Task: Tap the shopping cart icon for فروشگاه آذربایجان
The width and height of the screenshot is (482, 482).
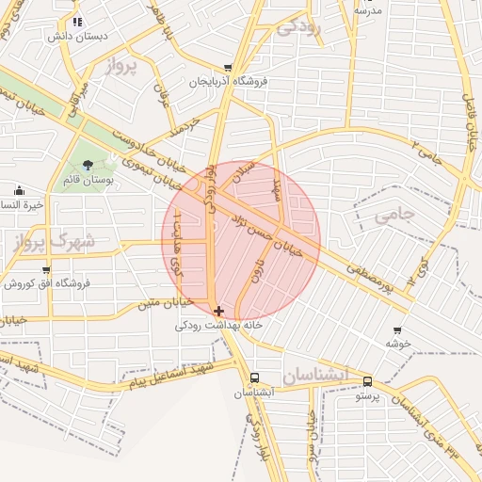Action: click(229, 68)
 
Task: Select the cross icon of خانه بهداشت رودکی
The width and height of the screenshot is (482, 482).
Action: click(219, 311)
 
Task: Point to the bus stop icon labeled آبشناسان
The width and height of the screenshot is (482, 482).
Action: click(254, 379)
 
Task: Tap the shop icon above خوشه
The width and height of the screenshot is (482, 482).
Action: click(397, 330)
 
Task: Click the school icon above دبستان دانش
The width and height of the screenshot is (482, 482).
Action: click(77, 21)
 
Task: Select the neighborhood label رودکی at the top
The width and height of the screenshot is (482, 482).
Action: click(299, 27)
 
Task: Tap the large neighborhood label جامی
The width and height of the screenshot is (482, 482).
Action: click(394, 216)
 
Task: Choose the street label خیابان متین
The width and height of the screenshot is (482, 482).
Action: click(165, 302)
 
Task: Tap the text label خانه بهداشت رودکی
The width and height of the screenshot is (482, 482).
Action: click(219, 326)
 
